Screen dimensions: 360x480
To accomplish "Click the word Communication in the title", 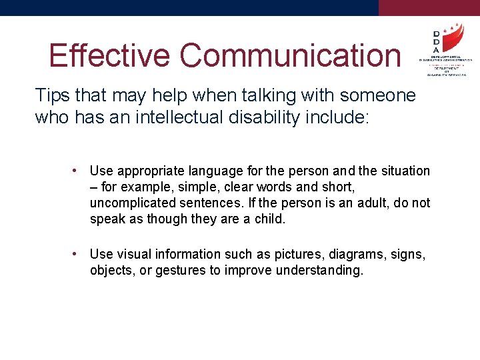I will [291, 55].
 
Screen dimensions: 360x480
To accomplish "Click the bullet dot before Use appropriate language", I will [77, 171].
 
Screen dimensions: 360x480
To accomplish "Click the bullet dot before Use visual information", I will [77, 254].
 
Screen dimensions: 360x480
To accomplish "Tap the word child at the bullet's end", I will [271, 219].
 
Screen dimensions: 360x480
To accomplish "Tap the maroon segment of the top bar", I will [429, 7].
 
